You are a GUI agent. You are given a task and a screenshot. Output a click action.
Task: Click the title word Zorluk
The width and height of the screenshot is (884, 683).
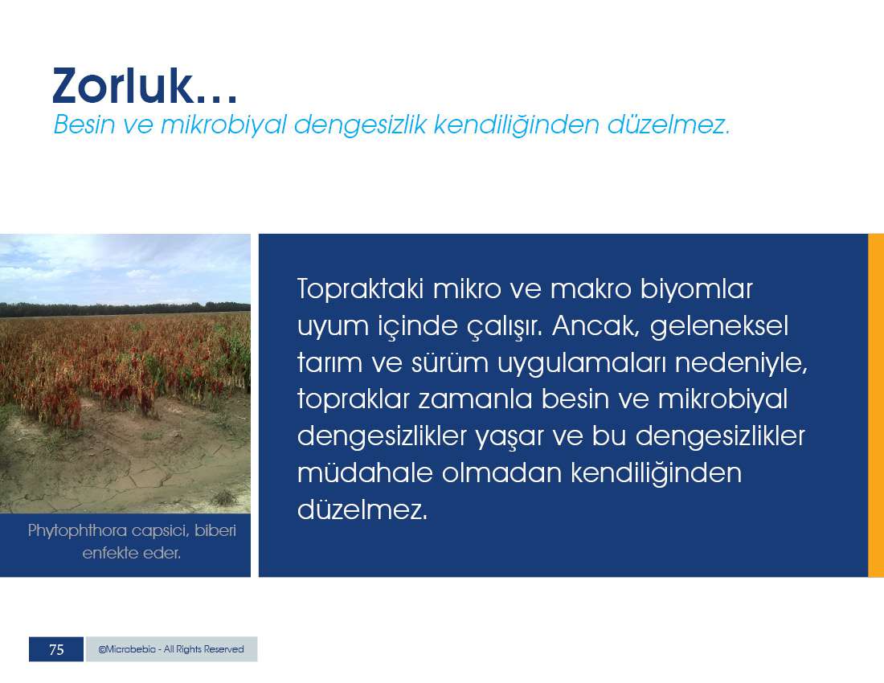[124, 86]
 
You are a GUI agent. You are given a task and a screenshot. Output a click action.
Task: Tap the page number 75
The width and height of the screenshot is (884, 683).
[56, 650]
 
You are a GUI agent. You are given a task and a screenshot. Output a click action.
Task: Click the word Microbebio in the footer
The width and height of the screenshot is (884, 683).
[127, 649]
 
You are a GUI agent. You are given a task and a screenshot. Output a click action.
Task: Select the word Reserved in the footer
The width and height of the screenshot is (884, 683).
[224, 649]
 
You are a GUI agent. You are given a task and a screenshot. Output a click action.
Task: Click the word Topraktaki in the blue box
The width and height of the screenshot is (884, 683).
[360, 289]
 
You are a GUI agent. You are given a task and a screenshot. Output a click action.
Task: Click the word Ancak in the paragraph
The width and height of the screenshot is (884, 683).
[596, 325]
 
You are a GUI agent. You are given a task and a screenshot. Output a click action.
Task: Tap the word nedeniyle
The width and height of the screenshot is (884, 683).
[742, 363]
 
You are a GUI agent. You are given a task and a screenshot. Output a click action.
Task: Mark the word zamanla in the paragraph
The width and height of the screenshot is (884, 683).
[475, 399]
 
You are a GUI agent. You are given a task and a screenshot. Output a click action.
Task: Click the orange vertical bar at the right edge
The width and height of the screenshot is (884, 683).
[876, 405]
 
